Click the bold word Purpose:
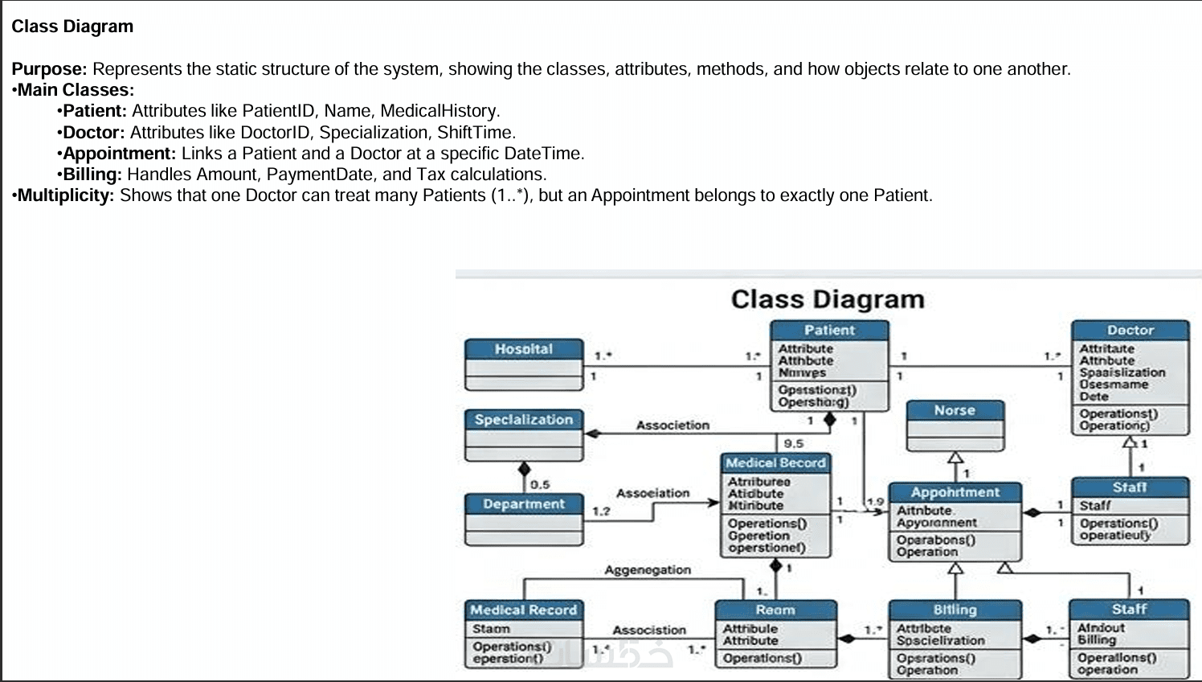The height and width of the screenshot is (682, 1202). [49, 69]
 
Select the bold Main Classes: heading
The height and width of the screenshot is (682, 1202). [76, 90]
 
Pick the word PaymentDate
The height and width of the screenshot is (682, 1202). [321, 175]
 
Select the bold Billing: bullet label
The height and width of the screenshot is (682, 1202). [92, 175]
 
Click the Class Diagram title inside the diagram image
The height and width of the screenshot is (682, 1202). [828, 299]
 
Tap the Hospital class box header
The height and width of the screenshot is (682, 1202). [524, 349]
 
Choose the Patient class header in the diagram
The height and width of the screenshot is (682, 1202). [829, 330]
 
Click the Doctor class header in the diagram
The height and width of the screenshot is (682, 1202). [1130, 330]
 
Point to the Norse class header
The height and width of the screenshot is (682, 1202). [955, 410]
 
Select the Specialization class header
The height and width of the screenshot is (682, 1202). [524, 420]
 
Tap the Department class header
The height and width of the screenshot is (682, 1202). [524, 504]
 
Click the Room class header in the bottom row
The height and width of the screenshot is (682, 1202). [775, 610]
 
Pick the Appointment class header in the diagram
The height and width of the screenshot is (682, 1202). [955, 492]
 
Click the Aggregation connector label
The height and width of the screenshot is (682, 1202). [648, 570]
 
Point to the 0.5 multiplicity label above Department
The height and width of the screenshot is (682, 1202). [540, 484]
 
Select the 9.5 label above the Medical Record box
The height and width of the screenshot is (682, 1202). [793, 443]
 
